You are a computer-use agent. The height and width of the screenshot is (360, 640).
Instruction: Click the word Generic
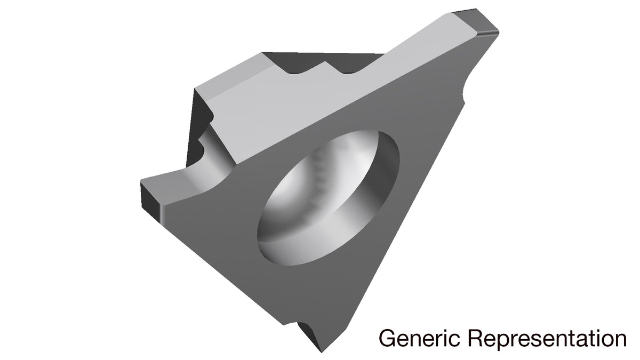(419, 339)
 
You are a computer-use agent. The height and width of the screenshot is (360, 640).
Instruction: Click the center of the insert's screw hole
(328, 198)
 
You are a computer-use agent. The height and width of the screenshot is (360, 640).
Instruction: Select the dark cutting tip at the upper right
(476, 22)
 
